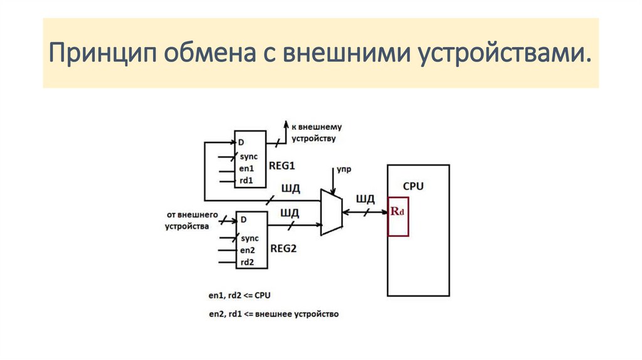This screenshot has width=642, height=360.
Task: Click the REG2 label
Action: tap(283, 248)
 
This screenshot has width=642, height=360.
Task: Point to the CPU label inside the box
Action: tap(413, 186)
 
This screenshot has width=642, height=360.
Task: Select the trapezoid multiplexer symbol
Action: tap(331, 212)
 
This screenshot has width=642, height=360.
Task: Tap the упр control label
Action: tap(343, 169)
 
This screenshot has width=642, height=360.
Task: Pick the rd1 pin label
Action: tap(247, 181)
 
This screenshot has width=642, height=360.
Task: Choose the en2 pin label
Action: tap(247, 250)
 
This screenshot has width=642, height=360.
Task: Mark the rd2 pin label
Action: tap(247, 262)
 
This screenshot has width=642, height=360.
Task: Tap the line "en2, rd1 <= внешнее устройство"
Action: tap(273, 314)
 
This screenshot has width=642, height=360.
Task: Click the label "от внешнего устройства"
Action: tap(192, 220)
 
